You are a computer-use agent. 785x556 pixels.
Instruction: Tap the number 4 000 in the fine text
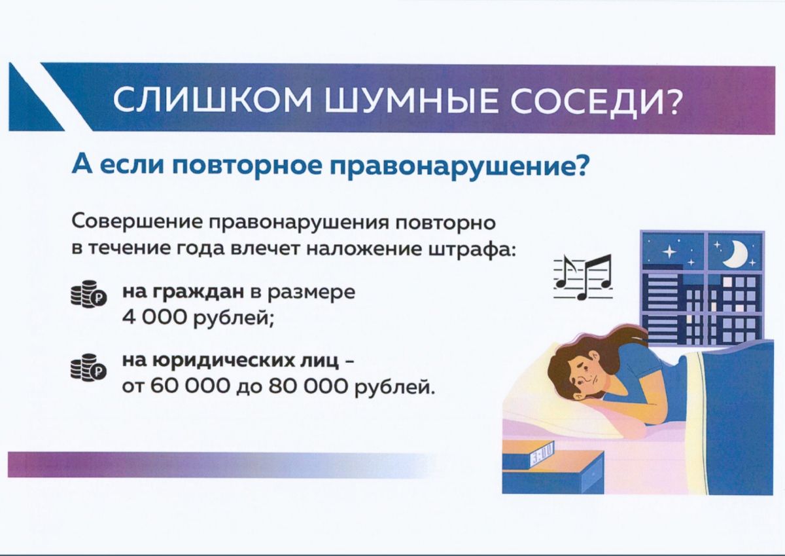156,318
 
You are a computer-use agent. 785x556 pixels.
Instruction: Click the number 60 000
190,388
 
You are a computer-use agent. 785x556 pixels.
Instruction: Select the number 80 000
308,388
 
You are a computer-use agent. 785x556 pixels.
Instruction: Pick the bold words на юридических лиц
230,362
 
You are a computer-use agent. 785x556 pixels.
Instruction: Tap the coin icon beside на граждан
89,294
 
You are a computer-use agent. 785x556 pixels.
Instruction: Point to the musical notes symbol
583,277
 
